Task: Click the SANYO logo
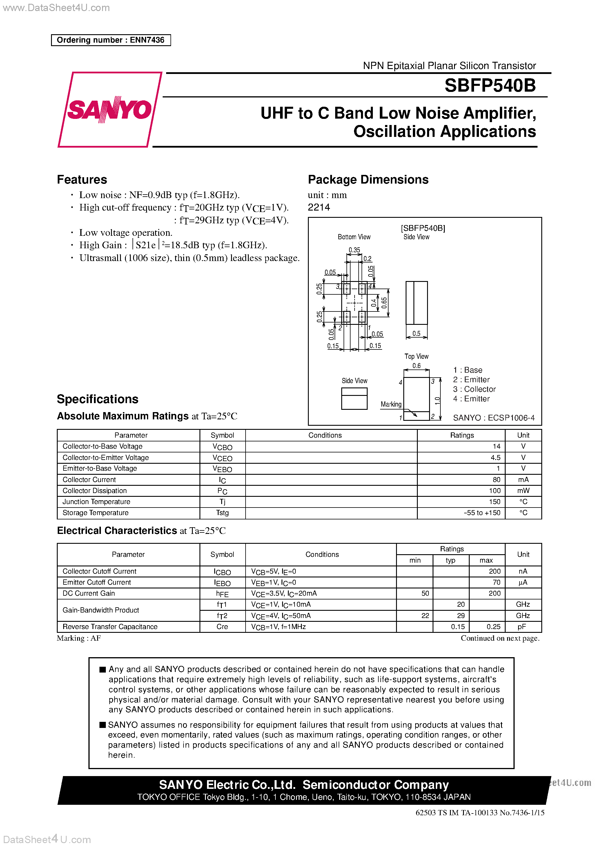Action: coord(110,110)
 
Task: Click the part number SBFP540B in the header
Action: coord(490,85)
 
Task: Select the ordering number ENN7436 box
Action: coord(111,40)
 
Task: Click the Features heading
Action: coord(82,180)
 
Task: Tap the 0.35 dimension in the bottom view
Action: coord(354,250)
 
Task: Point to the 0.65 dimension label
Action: coord(384,303)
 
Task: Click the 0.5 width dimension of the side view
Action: coord(416,333)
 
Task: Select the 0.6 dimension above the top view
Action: coord(416,366)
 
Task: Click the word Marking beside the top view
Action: coord(391,404)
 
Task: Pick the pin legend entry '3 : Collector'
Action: coord(474,389)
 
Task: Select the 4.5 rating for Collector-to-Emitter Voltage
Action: coord(495,458)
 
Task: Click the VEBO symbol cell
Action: coord(222,469)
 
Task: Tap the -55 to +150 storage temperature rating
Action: coord(482,513)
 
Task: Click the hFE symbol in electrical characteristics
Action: coord(222,594)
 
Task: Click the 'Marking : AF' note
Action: coord(79,638)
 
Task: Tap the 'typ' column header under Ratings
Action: coord(450,560)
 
